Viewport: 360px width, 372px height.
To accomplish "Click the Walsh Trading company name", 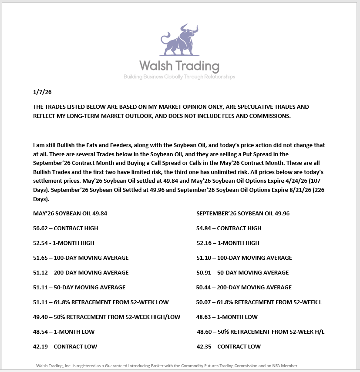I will point(179,66).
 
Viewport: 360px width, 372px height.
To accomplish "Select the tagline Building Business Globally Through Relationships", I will point(179,77).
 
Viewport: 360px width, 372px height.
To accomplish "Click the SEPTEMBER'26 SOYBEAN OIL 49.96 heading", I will point(243,214).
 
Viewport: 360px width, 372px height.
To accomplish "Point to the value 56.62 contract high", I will point(40,228).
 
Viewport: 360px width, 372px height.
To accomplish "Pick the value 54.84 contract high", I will point(204,228).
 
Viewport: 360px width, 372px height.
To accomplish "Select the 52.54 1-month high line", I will point(64,243).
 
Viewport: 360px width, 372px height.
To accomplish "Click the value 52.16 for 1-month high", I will point(204,243).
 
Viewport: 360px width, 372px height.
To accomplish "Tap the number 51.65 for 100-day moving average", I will point(40,258).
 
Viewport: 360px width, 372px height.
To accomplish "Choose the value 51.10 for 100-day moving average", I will point(204,258).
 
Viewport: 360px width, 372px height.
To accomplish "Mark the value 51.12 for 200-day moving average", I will point(40,272).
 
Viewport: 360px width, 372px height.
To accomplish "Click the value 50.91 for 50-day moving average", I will point(204,272).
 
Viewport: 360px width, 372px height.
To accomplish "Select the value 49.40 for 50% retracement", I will point(40,317).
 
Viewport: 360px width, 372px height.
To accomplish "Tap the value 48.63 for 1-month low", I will point(204,317).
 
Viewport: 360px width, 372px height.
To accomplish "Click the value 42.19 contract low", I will point(40,346).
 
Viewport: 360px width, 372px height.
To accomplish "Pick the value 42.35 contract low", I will point(204,346).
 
